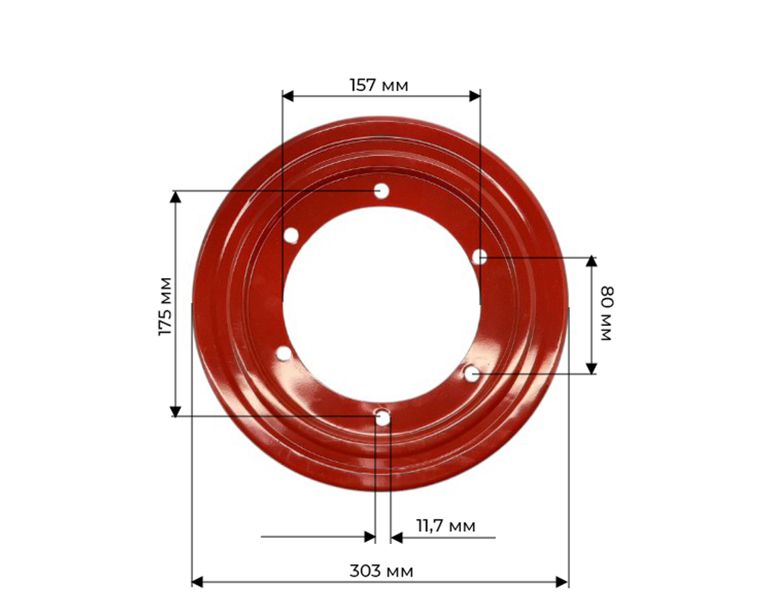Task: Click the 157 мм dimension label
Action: [x=379, y=85]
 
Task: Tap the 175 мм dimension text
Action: [x=166, y=306]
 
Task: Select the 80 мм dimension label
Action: [x=606, y=314]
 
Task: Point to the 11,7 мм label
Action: [x=446, y=526]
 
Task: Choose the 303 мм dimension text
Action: [x=382, y=571]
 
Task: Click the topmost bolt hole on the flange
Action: [x=382, y=191]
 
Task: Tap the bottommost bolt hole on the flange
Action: [x=383, y=418]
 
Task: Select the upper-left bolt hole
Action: [x=291, y=236]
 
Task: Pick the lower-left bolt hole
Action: [x=283, y=353]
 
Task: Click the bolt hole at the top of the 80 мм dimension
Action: [x=480, y=257]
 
